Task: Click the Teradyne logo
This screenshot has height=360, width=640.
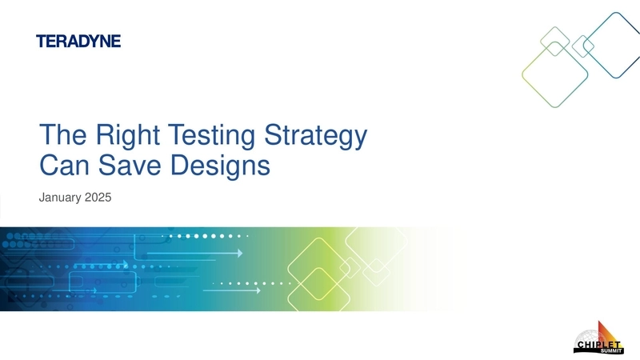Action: (78, 42)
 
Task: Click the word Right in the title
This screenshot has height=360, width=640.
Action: (114, 137)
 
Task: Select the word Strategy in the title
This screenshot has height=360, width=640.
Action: (315, 138)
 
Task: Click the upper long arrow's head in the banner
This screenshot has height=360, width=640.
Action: (239, 253)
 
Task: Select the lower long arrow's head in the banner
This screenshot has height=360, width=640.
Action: (258, 290)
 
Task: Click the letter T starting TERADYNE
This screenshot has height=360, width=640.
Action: (41, 42)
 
